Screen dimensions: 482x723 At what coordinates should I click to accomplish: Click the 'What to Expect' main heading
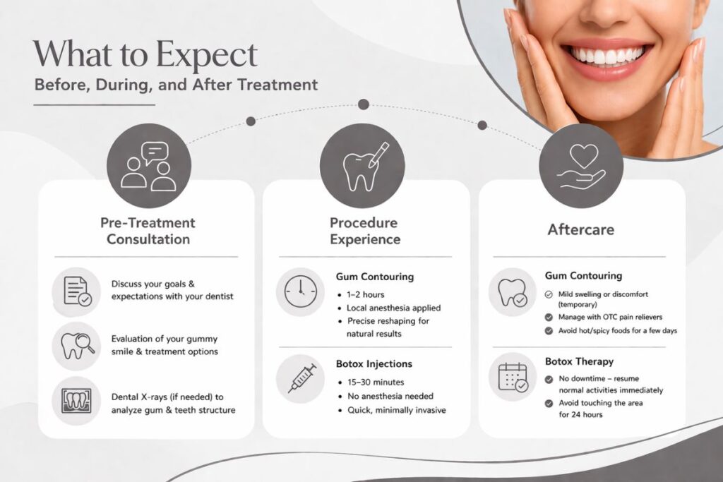pyautogui.click(x=145, y=54)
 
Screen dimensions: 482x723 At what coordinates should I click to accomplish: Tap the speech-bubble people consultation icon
pyautogui.click(x=148, y=165)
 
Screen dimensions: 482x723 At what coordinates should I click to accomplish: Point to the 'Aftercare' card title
pyautogui.click(x=580, y=230)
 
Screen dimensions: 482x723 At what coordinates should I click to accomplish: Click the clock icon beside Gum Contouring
pyautogui.click(x=300, y=291)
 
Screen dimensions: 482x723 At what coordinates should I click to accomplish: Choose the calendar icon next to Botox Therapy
pyautogui.click(x=513, y=377)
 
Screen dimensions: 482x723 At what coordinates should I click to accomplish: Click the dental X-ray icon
pyautogui.click(x=76, y=402)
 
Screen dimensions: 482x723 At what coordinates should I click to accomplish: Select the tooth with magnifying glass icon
pyautogui.click(x=76, y=346)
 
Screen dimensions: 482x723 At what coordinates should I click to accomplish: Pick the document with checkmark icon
pyautogui.click(x=76, y=290)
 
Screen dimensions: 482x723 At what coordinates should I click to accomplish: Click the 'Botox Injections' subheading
pyautogui.click(x=374, y=364)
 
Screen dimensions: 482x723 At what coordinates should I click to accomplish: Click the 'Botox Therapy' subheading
pyautogui.click(x=578, y=362)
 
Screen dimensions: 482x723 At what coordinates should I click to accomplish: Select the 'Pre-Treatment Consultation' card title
pyautogui.click(x=148, y=231)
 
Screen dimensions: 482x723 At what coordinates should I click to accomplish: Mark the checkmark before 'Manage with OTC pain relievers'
pyautogui.click(x=549, y=318)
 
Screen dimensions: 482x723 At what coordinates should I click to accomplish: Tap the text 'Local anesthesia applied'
pyautogui.click(x=393, y=308)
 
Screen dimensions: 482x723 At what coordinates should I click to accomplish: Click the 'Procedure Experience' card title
pyautogui.click(x=364, y=231)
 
